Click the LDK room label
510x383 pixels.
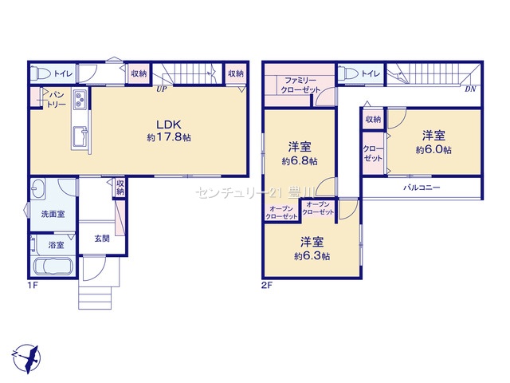pyautogui.click(x=168, y=124)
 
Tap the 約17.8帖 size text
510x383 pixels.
pyautogui.click(x=169, y=137)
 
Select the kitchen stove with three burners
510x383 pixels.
pyautogui.click(x=80, y=99)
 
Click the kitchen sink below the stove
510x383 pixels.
pyautogui.click(x=80, y=136)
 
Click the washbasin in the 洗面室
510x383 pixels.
pyautogui.click(x=39, y=188)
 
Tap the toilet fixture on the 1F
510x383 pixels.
pyautogui.click(x=40, y=73)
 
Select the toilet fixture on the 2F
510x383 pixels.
pyautogui.click(x=347, y=73)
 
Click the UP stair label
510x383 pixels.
pyautogui.click(x=161, y=89)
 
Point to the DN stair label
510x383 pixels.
pyautogui.click(x=470, y=89)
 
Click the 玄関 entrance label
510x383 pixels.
pyautogui.click(x=102, y=239)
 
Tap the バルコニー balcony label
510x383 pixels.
pyautogui.click(x=422, y=188)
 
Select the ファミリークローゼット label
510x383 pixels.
pyautogui.click(x=300, y=85)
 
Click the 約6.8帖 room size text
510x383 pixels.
pyautogui.click(x=300, y=161)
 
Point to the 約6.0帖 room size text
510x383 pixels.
pyautogui.click(x=433, y=150)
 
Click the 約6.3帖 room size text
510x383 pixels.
pyautogui.click(x=312, y=256)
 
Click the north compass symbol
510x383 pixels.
pyautogui.click(x=26, y=358)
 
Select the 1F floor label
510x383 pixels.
pyautogui.click(x=33, y=286)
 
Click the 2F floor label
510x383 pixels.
pyautogui.click(x=267, y=286)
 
